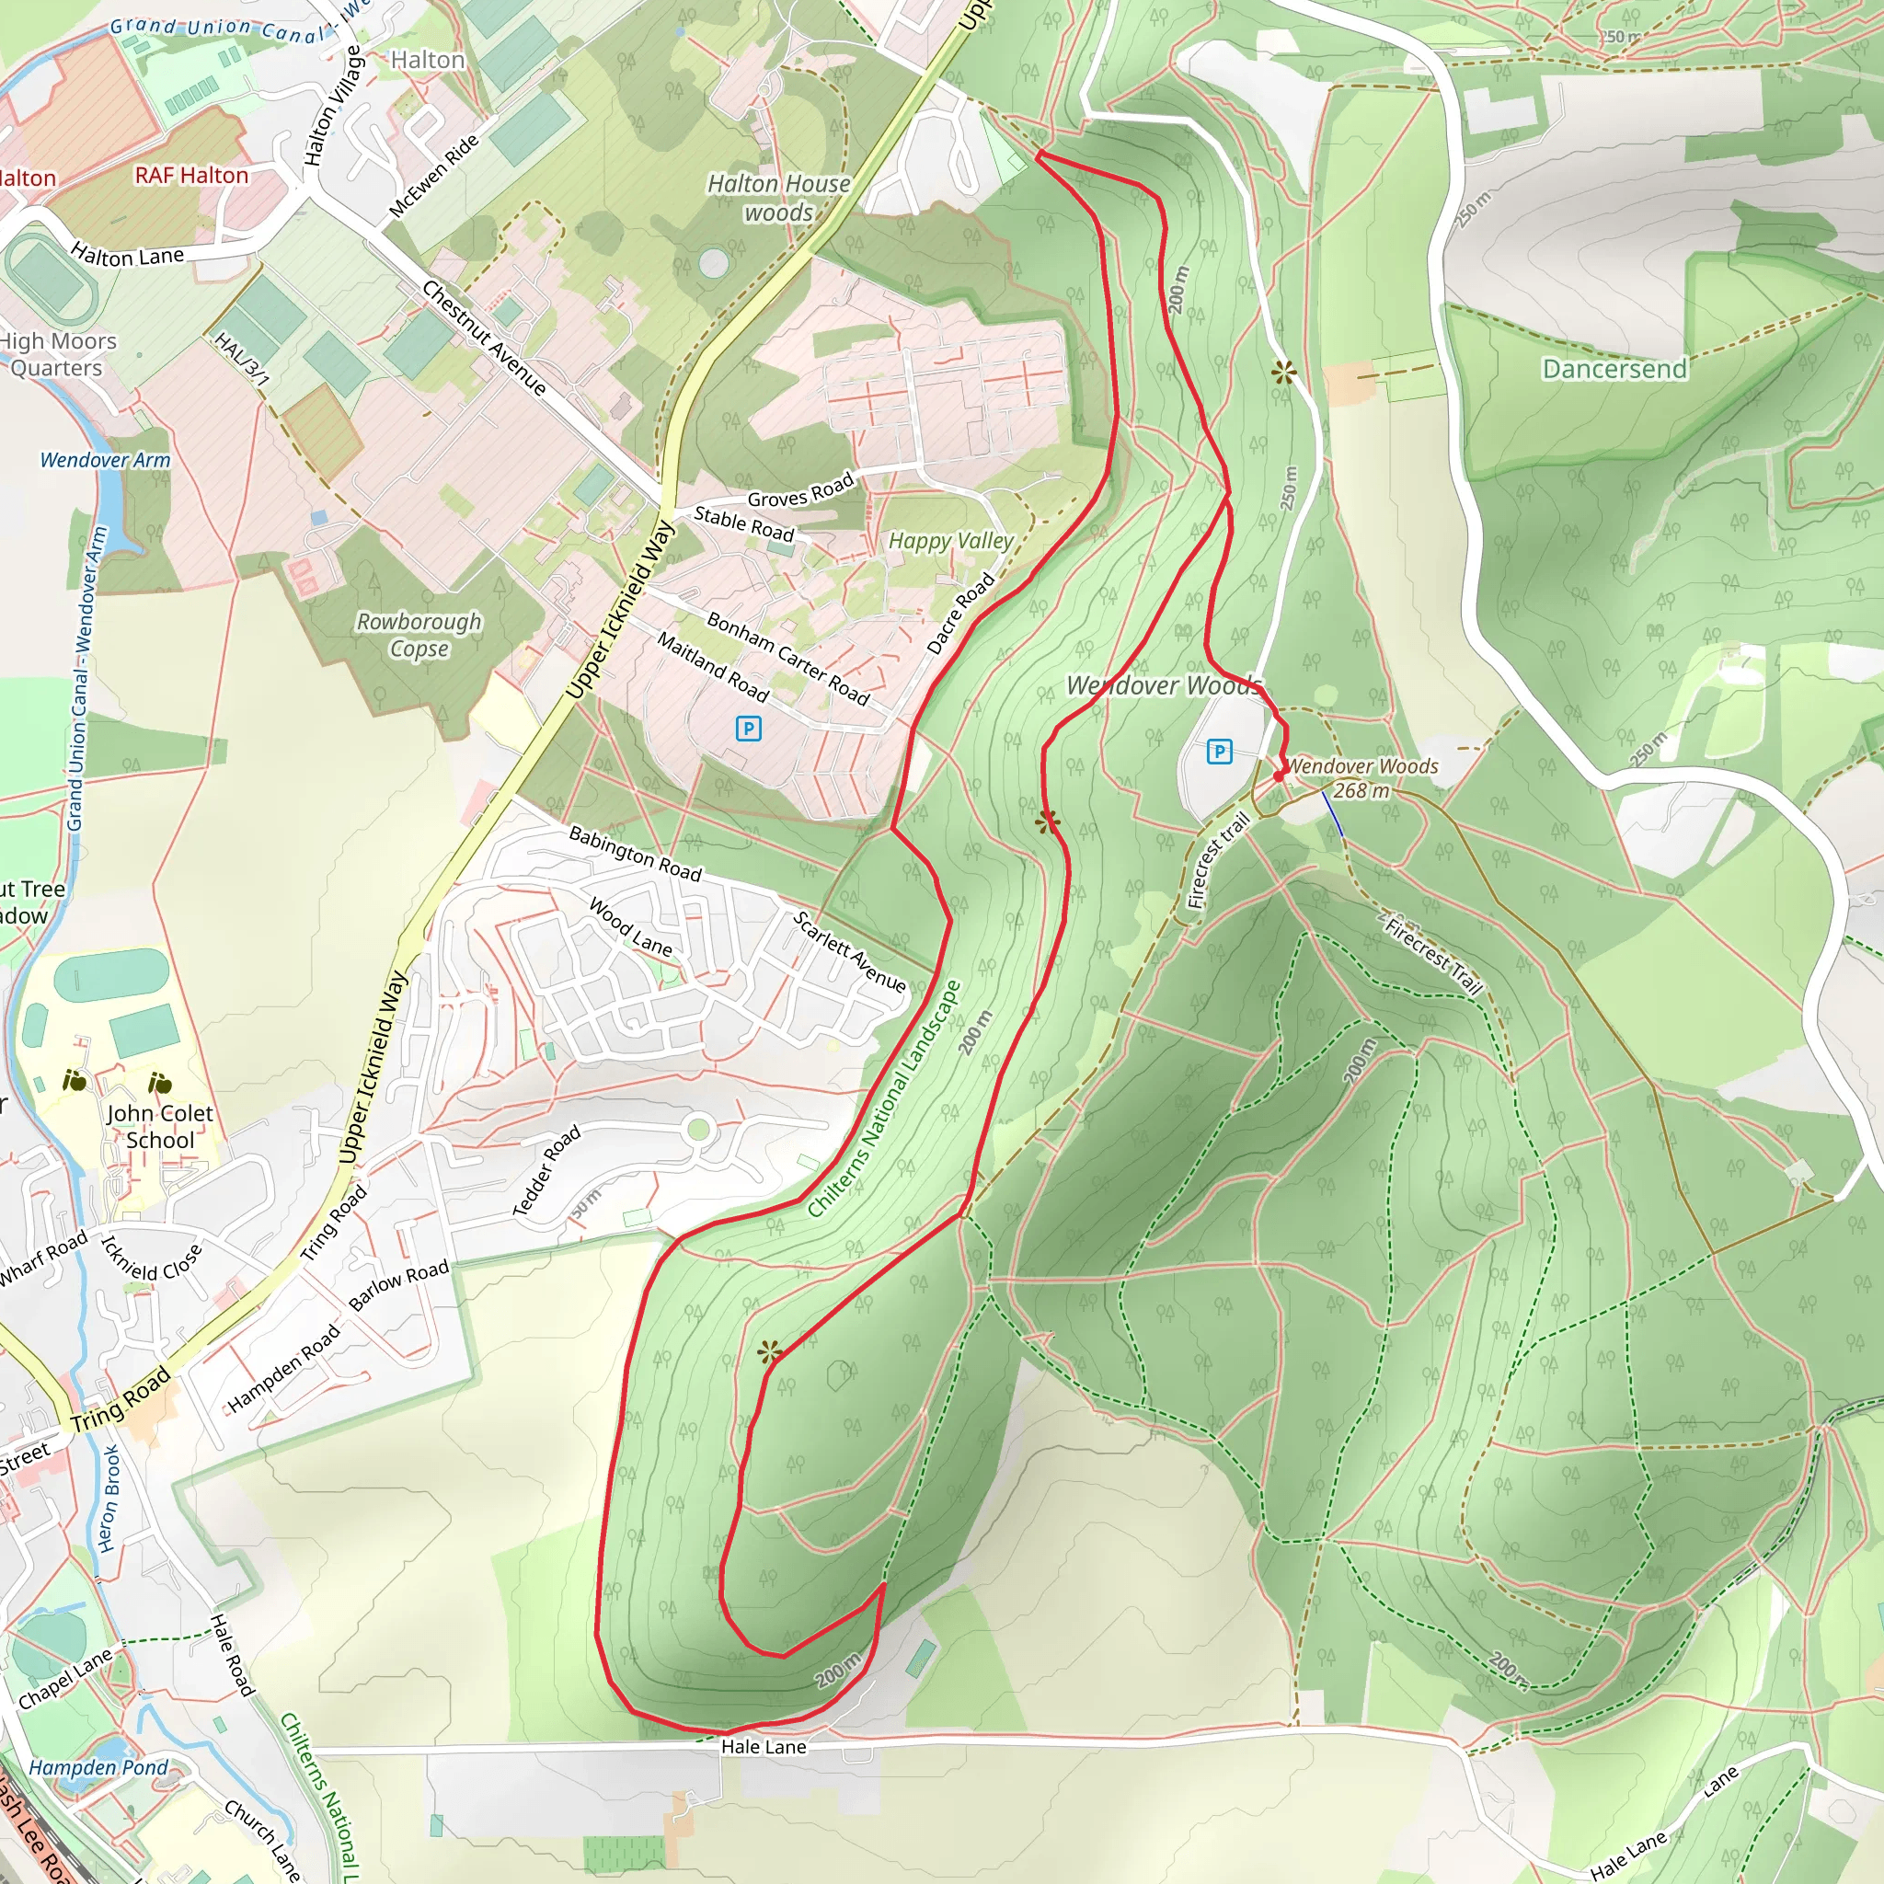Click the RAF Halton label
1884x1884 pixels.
(x=191, y=176)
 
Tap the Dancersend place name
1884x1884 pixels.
(x=1614, y=369)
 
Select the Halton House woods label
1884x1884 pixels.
(x=778, y=198)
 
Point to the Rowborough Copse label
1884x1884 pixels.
(x=419, y=635)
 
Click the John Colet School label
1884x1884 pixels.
(x=160, y=1126)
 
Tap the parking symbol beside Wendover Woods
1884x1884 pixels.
(x=1219, y=752)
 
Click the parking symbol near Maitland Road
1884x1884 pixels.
(x=748, y=729)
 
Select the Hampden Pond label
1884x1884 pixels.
(x=98, y=1767)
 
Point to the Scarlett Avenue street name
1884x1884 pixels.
(x=849, y=951)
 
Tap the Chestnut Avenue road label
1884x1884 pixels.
(x=485, y=338)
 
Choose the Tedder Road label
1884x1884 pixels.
(x=546, y=1170)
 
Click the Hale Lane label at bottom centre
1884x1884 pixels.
(x=764, y=1747)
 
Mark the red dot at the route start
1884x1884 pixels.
(x=1279, y=776)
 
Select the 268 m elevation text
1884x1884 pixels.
(x=1361, y=791)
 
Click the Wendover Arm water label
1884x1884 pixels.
(x=105, y=459)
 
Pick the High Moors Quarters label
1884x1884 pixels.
(x=58, y=354)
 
